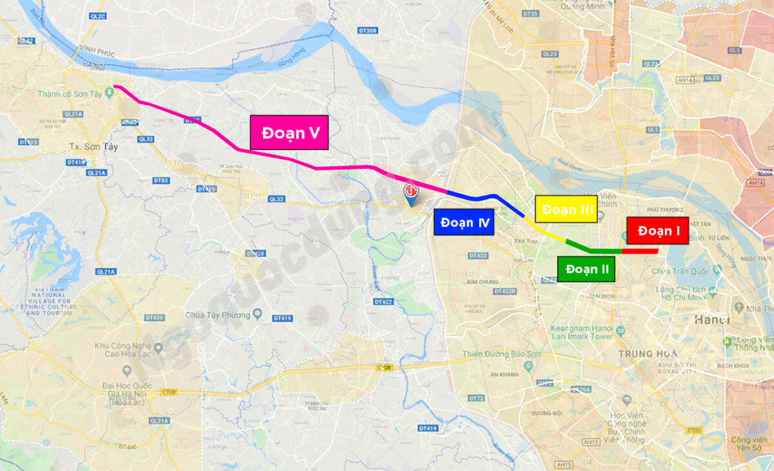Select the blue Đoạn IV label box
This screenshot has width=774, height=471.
coord(463,222)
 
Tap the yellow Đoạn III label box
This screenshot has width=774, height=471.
coord(566,209)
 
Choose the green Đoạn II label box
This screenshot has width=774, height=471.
coord(587,269)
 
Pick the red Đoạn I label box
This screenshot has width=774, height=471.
coord(657,231)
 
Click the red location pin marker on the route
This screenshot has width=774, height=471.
coord(411,193)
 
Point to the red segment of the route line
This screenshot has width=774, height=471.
coord(639,251)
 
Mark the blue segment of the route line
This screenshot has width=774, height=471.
coord(484,199)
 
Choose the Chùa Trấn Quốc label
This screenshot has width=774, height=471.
coord(685,270)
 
